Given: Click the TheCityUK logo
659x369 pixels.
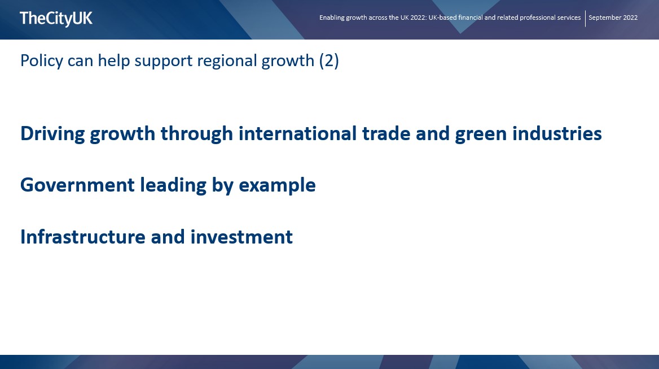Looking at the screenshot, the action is coord(56,19).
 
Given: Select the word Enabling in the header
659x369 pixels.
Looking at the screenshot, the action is coord(332,18).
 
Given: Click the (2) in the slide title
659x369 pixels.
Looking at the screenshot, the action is coord(329,61).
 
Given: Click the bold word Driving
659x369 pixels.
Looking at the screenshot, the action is coord(52,134).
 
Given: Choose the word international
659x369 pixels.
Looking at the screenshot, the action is coord(297,133).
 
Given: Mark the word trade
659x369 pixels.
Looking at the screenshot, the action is coord(386,133).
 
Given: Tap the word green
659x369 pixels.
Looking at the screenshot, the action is coord(481,134).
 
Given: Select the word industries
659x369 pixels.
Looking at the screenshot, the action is coord(557,133).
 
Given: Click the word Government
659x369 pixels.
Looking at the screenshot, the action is coord(78,185).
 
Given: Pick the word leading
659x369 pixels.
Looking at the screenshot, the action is coord(173,186).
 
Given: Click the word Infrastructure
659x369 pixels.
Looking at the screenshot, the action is coord(83,237).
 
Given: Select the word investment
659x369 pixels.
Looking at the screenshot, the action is coord(241,237).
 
